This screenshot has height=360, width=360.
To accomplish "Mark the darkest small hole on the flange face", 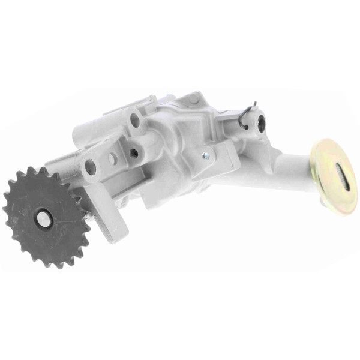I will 133,152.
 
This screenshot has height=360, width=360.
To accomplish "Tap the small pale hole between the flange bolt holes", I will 112,159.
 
